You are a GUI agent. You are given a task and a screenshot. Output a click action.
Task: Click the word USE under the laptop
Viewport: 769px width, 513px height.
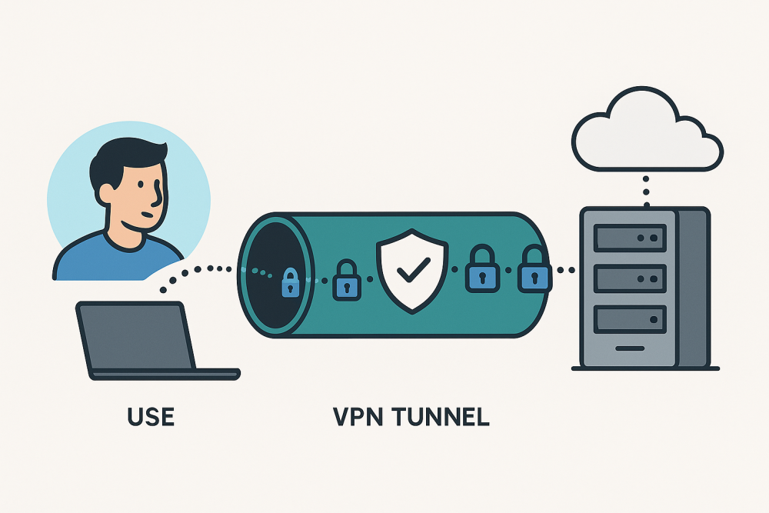[151, 417]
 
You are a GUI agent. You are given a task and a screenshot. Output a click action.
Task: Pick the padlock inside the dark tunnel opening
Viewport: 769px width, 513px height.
[290, 282]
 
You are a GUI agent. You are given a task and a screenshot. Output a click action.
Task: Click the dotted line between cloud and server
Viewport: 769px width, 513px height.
[646, 189]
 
